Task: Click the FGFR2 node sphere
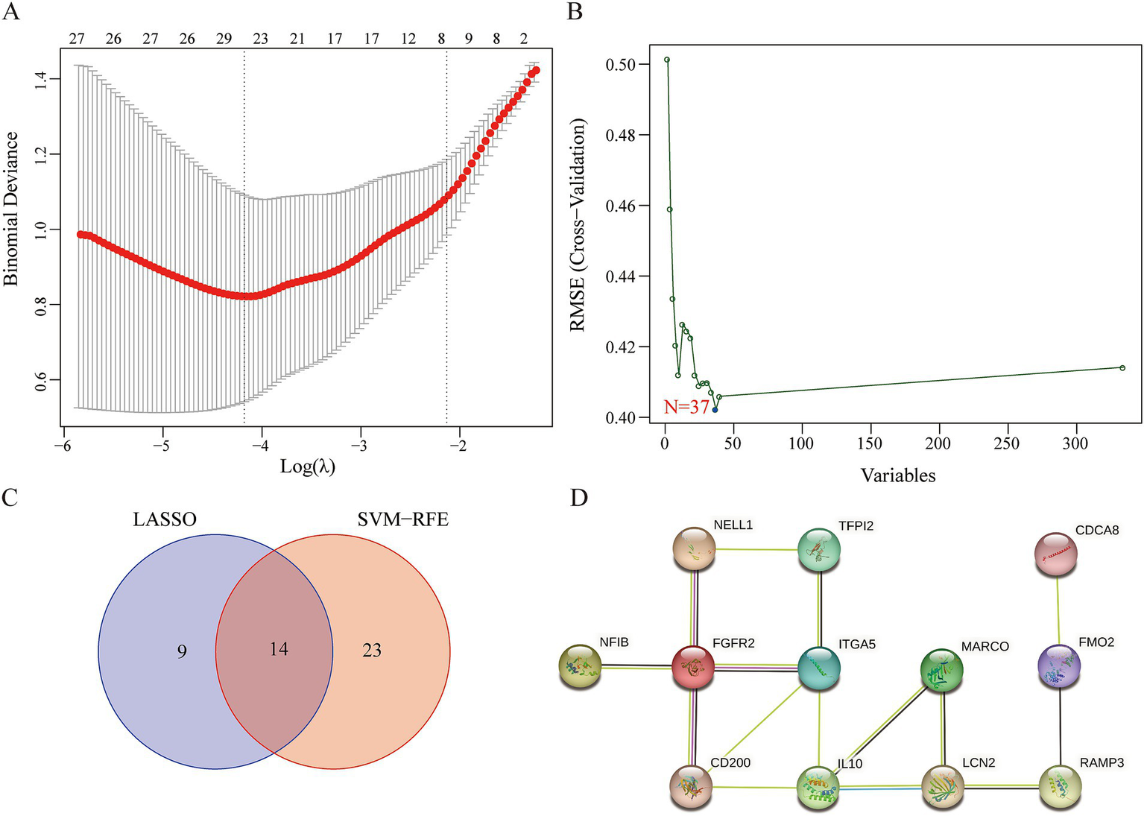tap(693, 668)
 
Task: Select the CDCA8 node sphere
tap(1056, 554)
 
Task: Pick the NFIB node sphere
tap(580, 666)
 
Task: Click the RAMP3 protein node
tap(1060, 786)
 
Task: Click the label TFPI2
tap(856, 526)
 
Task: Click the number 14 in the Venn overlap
tap(279, 650)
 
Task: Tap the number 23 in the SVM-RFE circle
tap(372, 651)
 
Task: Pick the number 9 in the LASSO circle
tap(182, 651)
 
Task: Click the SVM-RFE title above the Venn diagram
tap(402, 519)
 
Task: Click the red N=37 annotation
tap(686, 408)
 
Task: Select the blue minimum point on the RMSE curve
tap(715, 410)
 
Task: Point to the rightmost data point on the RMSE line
tap(1122, 367)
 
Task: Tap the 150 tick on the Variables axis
tap(869, 444)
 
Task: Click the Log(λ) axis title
tap(307, 467)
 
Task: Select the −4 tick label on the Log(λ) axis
tap(261, 445)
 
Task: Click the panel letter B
tap(575, 11)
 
